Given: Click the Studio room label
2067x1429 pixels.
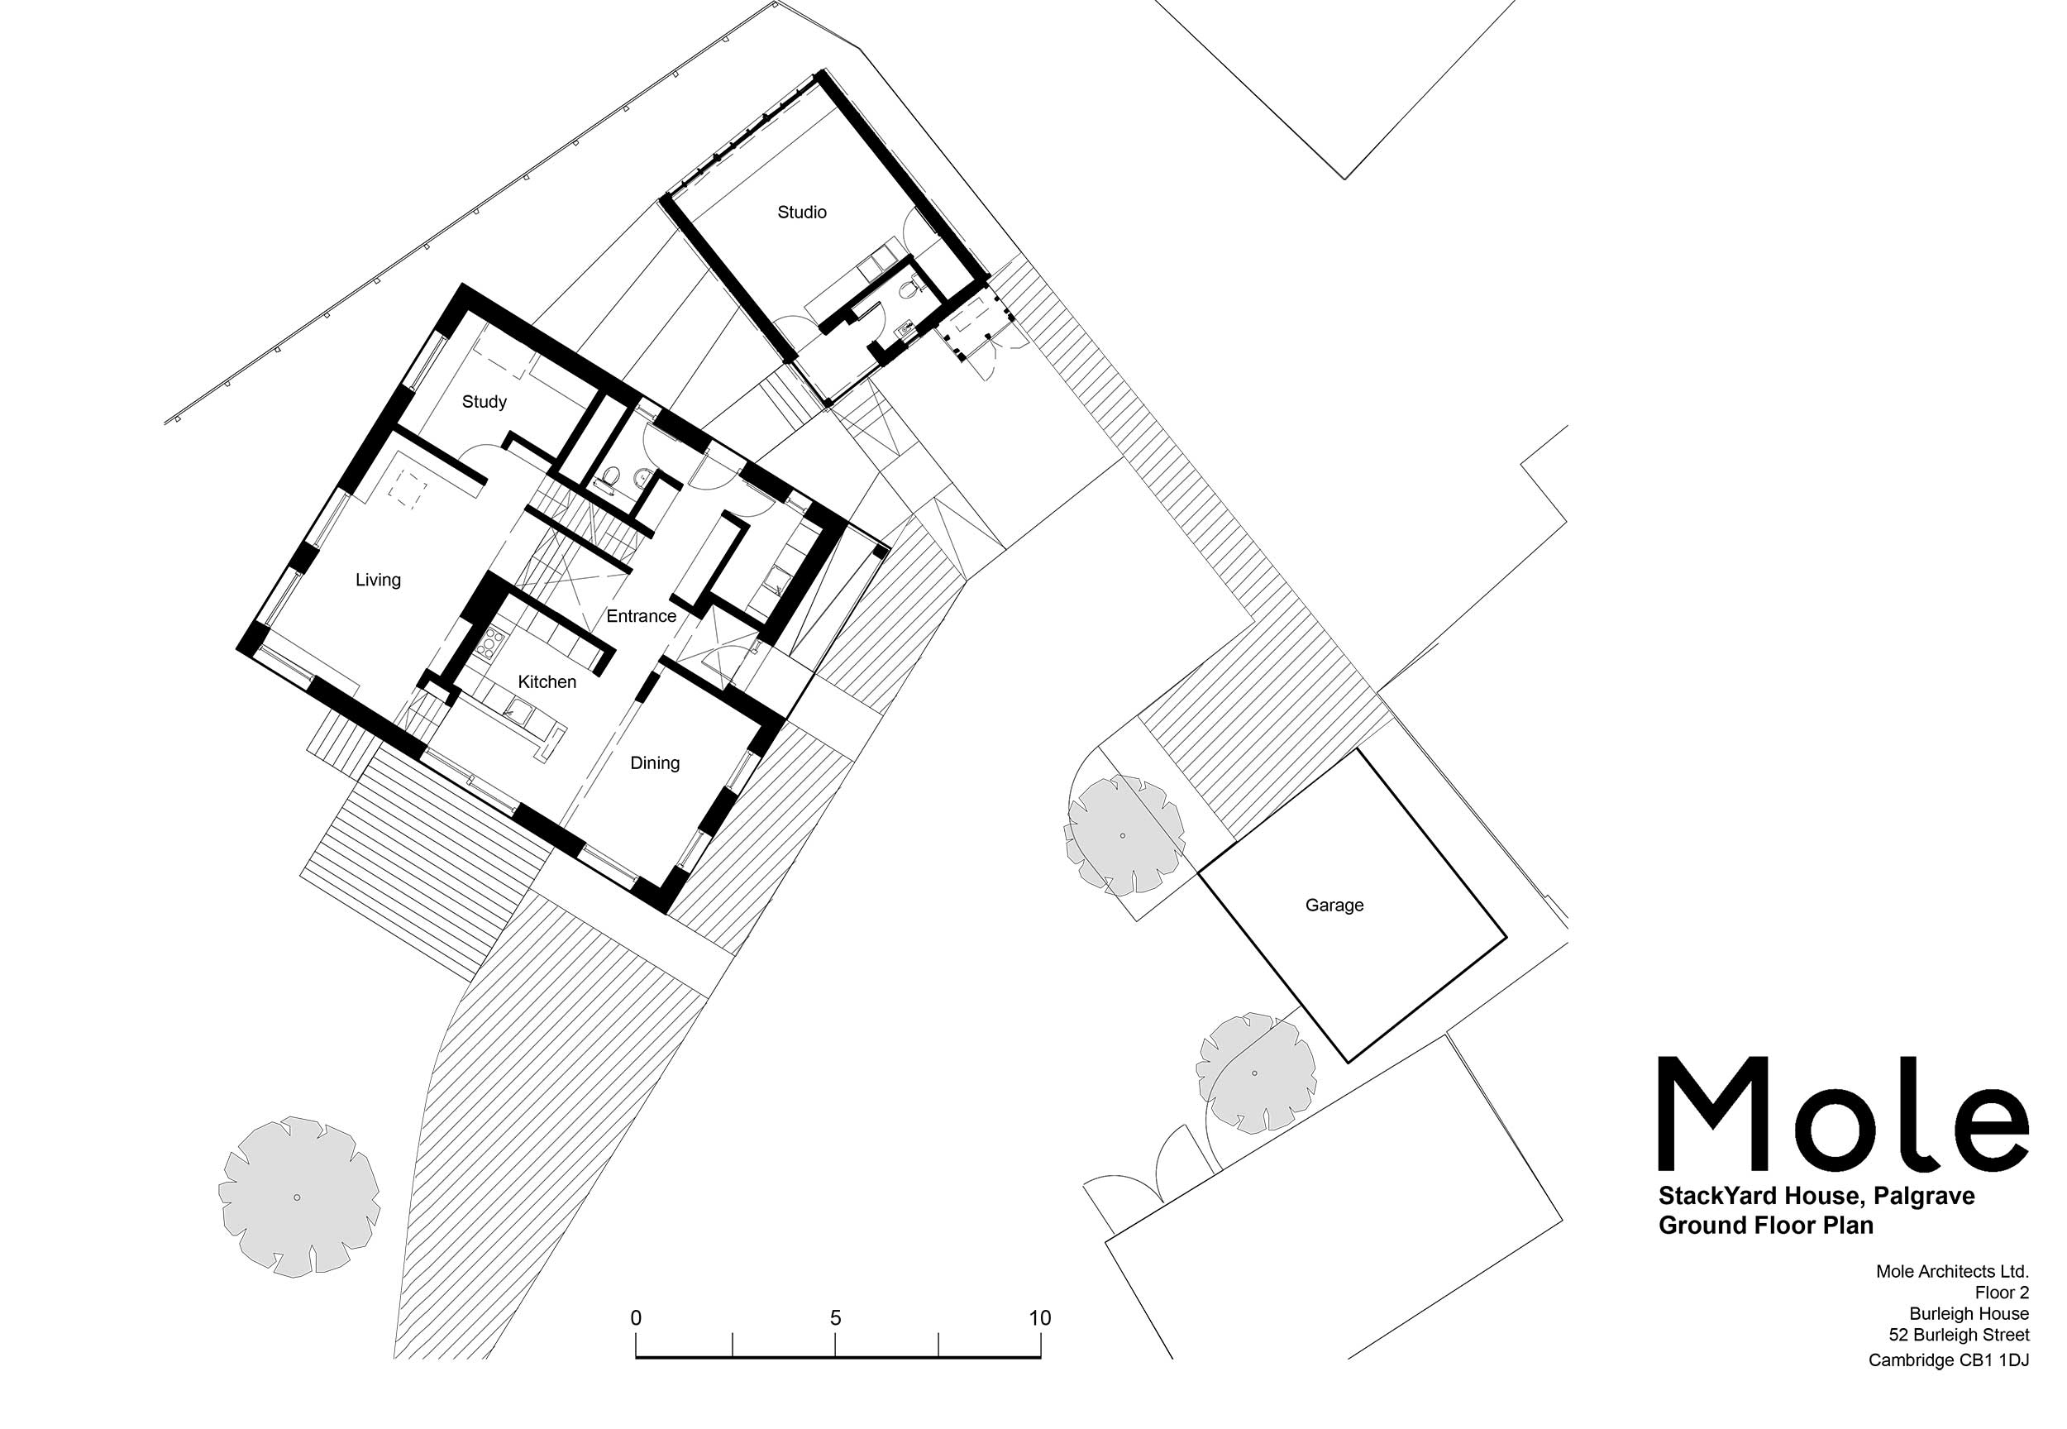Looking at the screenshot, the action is pyautogui.click(x=801, y=213).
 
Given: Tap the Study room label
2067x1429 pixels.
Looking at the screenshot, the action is pyautogui.click(x=485, y=402).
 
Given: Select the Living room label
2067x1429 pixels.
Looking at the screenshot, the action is pyautogui.click(x=378, y=581).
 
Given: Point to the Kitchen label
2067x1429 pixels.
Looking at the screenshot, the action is pyautogui.click(x=547, y=682).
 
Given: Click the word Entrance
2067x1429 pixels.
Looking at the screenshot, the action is pyautogui.click(x=641, y=616).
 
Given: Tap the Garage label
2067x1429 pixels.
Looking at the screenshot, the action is pyautogui.click(x=1334, y=906).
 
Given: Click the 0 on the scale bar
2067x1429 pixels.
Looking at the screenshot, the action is pyautogui.click(x=636, y=1318).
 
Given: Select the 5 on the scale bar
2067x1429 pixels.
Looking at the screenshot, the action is pyautogui.click(x=835, y=1318).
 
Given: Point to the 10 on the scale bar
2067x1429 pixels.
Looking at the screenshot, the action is pyautogui.click(x=1039, y=1318).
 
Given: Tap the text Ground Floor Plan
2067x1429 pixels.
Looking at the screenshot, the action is pyautogui.click(x=1765, y=1225).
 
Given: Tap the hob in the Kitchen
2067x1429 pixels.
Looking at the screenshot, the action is pyautogui.click(x=491, y=641).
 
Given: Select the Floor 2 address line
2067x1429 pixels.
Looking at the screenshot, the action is pyautogui.click(x=2002, y=1292).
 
